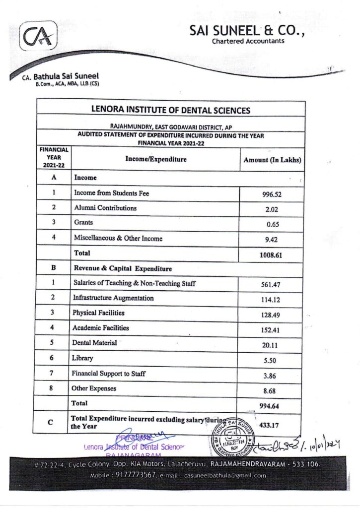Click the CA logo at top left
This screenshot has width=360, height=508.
click(39, 36)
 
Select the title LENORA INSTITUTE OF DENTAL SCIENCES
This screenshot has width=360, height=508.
click(171, 111)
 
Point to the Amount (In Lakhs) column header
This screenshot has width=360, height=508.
click(272, 160)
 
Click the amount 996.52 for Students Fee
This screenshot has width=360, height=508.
click(272, 194)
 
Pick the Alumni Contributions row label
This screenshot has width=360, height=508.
click(105, 208)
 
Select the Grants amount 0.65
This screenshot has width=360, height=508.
click(273, 224)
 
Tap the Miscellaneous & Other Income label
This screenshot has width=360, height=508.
click(118, 238)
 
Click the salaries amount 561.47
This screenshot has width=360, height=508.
click(271, 285)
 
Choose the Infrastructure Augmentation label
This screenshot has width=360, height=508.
click(113, 298)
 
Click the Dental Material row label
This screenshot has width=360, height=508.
click(95, 343)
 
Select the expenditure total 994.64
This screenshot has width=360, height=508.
click(271, 406)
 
